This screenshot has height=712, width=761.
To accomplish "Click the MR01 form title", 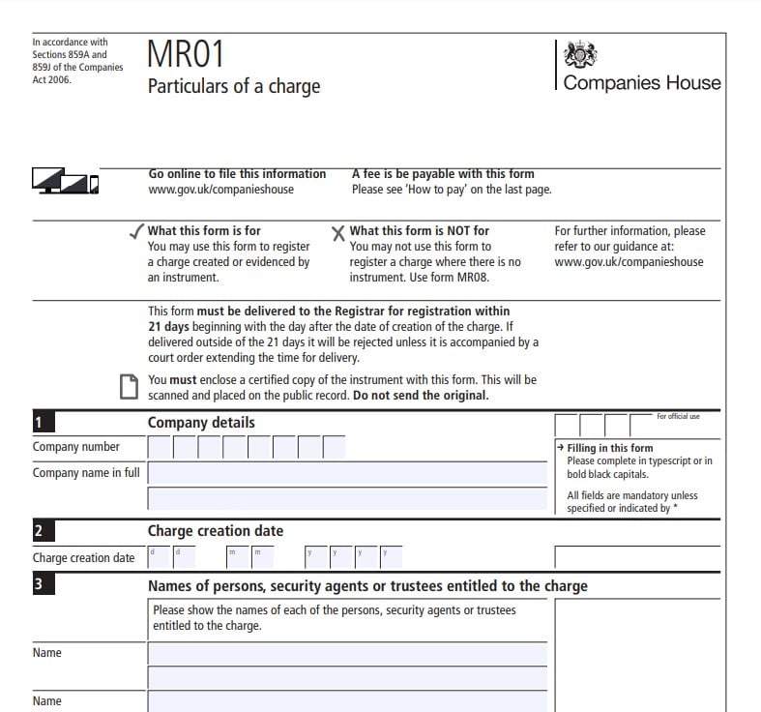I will pyautogui.click(x=186, y=54).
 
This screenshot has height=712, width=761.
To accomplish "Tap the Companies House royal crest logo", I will pyautogui.click(x=580, y=53).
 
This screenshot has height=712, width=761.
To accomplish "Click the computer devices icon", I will pyautogui.click(x=66, y=180).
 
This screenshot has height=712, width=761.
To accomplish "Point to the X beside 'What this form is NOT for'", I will pyautogui.click(x=338, y=232).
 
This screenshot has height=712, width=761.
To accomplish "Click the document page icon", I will pyautogui.click(x=128, y=387).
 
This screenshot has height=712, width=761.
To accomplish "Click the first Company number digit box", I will pyautogui.click(x=160, y=447).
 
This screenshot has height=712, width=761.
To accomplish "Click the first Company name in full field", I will pyautogui.click(x=346, y=473).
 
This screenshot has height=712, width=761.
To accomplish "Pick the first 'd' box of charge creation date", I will pyautogui.click(x=159, y=557).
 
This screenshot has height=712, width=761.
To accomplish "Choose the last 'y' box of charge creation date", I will pyautogui.click(x=391, y=557).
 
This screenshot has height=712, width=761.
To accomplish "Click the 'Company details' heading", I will pyautogui.click(x=201, y=423).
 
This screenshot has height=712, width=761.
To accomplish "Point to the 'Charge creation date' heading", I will pyautogui.click(x=215, y=531).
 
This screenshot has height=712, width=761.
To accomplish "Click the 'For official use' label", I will pyautogui.click(x=678, y=417).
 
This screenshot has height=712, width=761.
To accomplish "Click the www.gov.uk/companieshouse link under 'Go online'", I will pyautogui.click(x=220, y=190).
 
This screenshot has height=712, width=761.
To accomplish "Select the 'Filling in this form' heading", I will pyautogui.click(x=609, y=448).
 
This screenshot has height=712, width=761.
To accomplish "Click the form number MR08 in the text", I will pyautogui.click(x=474, y=278).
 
